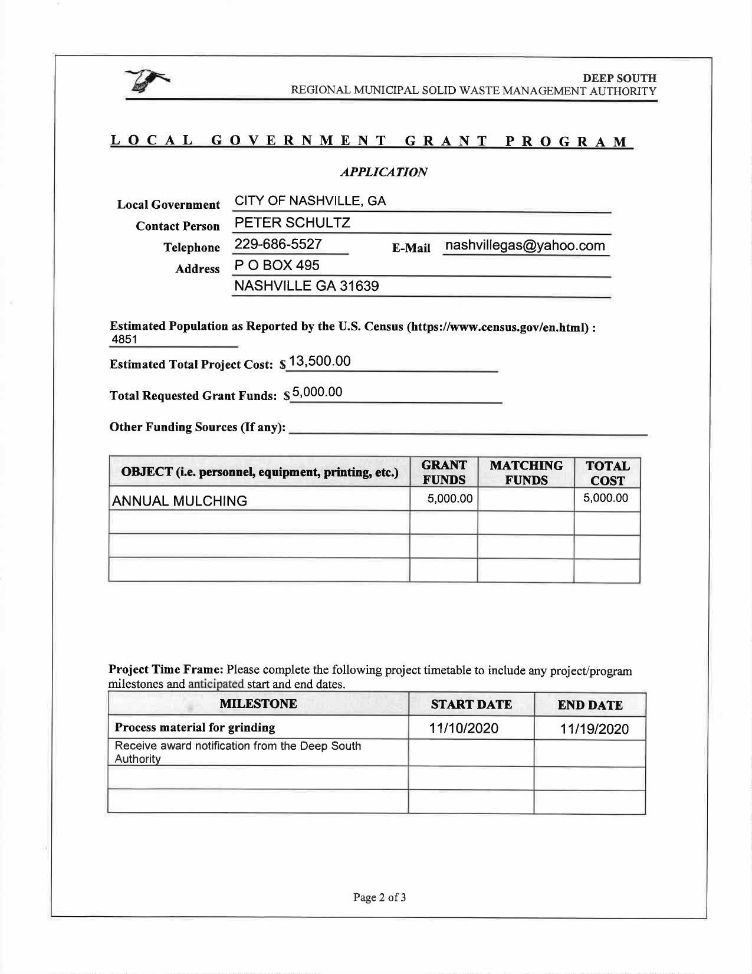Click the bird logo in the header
pos(147,80)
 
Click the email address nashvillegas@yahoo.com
pos(525,245)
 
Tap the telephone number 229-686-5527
pos(278,244)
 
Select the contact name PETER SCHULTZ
pos(293,222)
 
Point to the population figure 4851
pos(124,339)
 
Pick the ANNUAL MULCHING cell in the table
pos(179,501)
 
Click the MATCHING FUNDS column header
pos(526,473)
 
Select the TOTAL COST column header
pos(607,473)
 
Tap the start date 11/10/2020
pos(464,729)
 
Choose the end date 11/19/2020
pos(595,729)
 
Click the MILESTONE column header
pos(258,704)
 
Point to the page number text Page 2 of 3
pos(380,897)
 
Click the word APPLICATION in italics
pos(384,172)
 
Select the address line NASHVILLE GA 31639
pos(307,286)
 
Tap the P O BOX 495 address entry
pos(277,265)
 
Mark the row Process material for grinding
pos(195,727)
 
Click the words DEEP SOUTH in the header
pos(619,78)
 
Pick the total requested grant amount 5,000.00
pos(317,392)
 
